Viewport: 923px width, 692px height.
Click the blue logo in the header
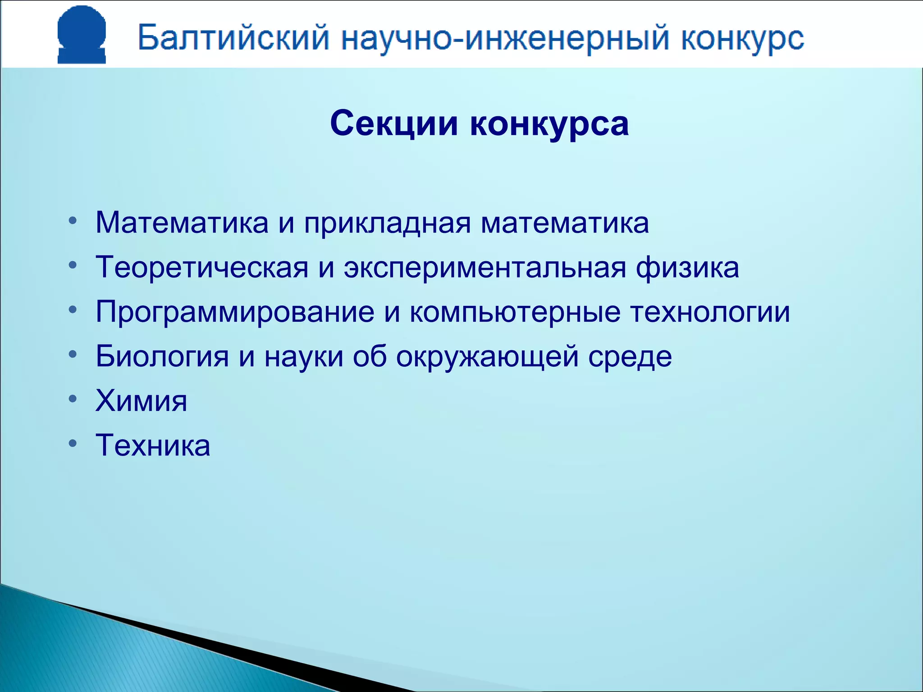82,35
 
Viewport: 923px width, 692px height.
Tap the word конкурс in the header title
742,39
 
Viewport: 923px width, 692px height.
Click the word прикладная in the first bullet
387,223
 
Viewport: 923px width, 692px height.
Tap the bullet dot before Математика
73,222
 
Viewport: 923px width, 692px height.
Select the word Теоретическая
202,268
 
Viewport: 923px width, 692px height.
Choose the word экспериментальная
485,268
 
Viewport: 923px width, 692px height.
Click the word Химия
141,401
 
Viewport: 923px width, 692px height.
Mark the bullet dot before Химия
73,399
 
